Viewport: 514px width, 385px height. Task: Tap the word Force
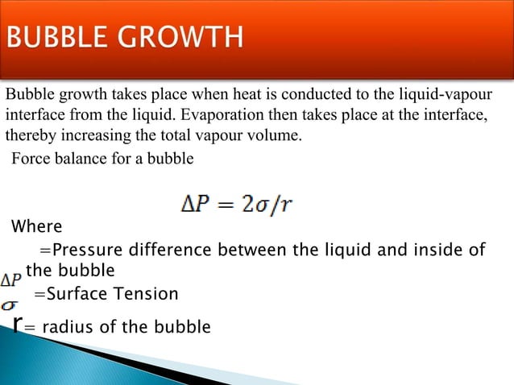[x=29, y=158]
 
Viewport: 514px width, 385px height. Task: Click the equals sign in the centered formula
[x=228, y=205]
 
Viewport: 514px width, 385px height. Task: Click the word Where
[x=36, y=226]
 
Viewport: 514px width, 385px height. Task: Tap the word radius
[x=65, y=327]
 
